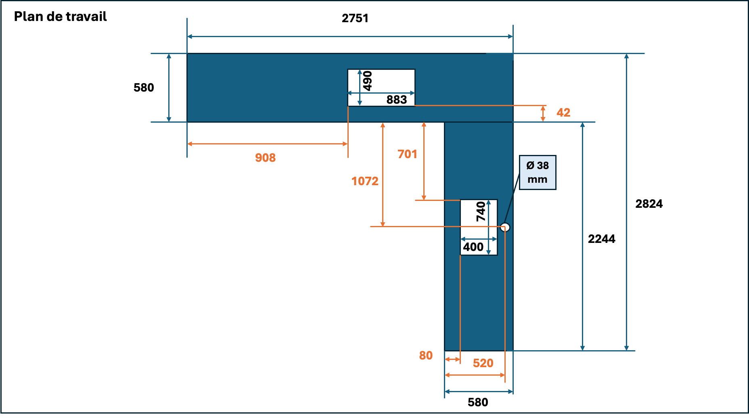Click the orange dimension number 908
click(x=265, y=157)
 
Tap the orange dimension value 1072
click(x=365, y=181)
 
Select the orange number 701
click(x=407, y=154)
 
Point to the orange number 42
click(x=563, y=112)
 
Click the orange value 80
click(x=426, y=355)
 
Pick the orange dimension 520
click(x=483, y=363)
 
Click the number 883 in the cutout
click(x=397, y=100)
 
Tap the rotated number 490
click(x=367, y=81)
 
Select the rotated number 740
click(x=481, y=212)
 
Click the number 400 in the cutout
click(x=473, y=247)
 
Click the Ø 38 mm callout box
click(x=538, y=172)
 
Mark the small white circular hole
click(x=505, y=227)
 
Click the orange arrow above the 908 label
click(x=267, y=144)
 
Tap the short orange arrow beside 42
click(x=543, y=114)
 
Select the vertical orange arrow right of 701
click(x=424, y=161)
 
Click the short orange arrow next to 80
click(x=452, y=359)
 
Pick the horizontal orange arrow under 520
click(x=475, y=375)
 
